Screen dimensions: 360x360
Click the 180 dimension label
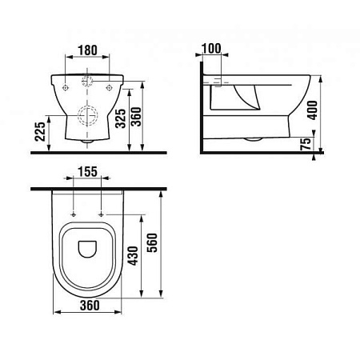point(87,50)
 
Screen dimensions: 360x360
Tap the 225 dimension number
point(40,131)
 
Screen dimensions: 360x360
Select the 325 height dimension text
point(121,118)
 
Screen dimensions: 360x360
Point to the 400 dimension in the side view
point(313,110)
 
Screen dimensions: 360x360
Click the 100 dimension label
point(211,48)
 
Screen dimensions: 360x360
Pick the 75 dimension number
point(306,144)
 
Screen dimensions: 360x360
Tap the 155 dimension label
point(87,172)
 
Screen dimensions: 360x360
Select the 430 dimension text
point(133,256)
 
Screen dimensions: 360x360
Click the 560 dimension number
point(152,243)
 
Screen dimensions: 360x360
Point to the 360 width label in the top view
point(90,306)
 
